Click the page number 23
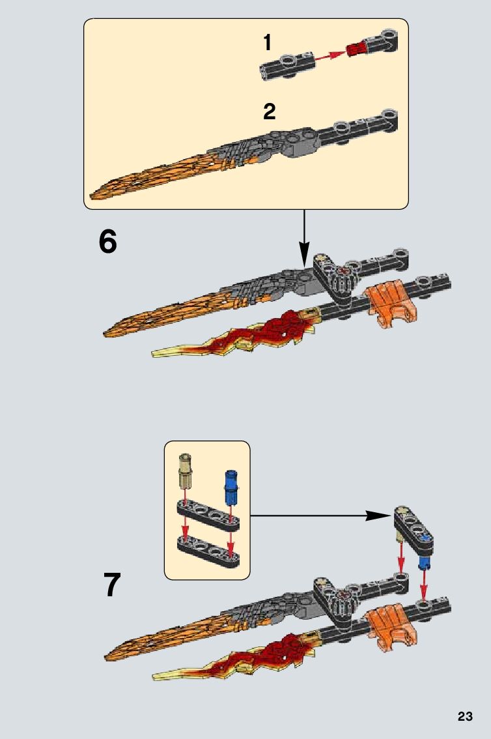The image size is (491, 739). coord(465,716)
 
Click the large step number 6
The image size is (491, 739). coord(108,242)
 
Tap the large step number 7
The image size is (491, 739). coord(112,585)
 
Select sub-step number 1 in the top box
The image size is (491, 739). coord(267,43)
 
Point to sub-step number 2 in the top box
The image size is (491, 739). coord(269,111)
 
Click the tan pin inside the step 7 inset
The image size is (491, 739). coord(186,471)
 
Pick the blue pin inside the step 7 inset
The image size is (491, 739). coord(230,485)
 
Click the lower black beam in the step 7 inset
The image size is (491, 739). coord(206,549)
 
